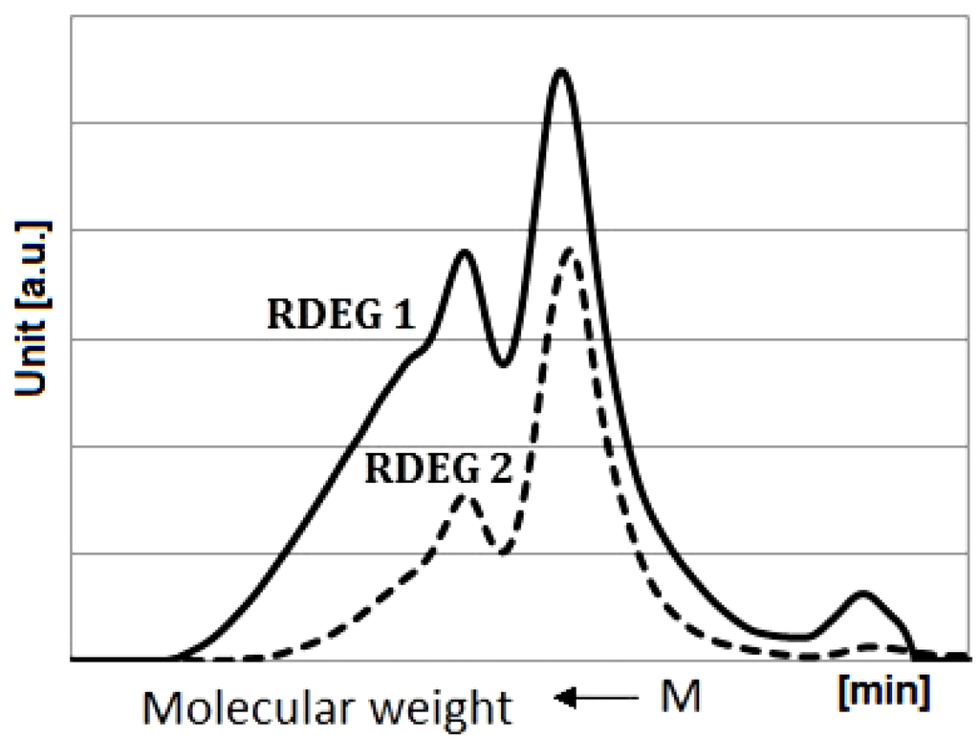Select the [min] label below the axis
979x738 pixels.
[882, 690]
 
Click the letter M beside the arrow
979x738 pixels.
[683, 698]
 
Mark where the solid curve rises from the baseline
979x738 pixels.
[177, 658]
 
